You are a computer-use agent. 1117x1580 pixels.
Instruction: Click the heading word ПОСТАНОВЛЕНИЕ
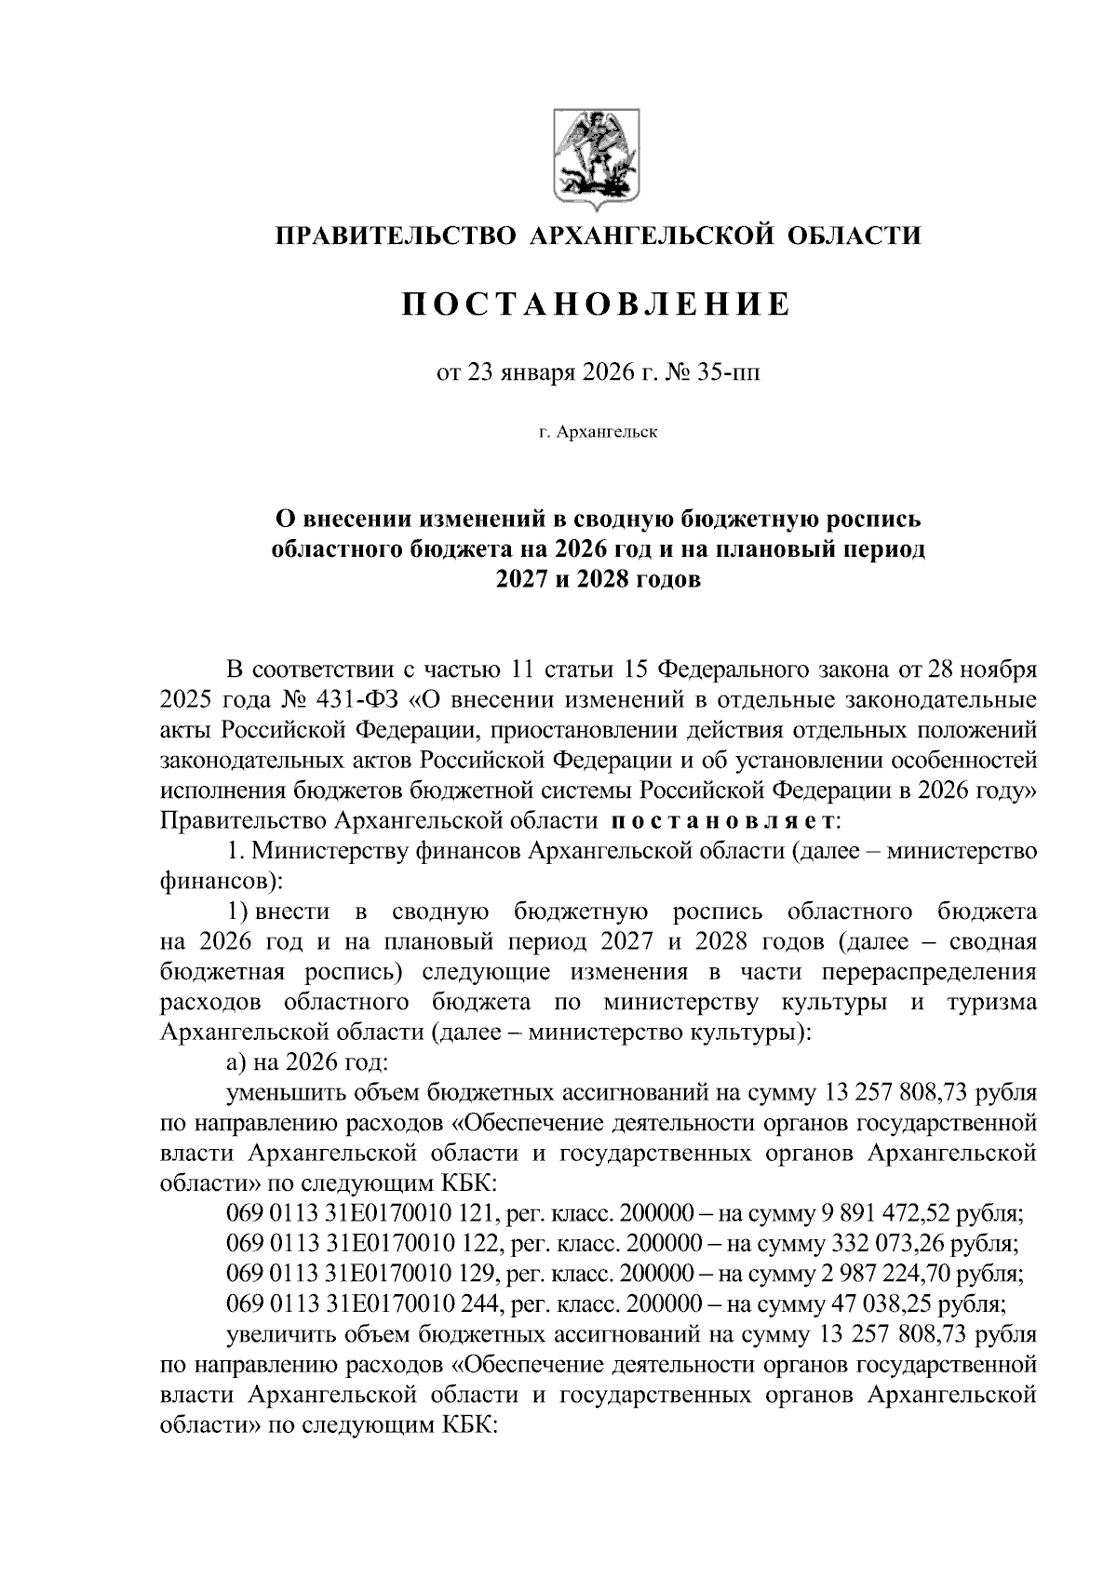597,304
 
